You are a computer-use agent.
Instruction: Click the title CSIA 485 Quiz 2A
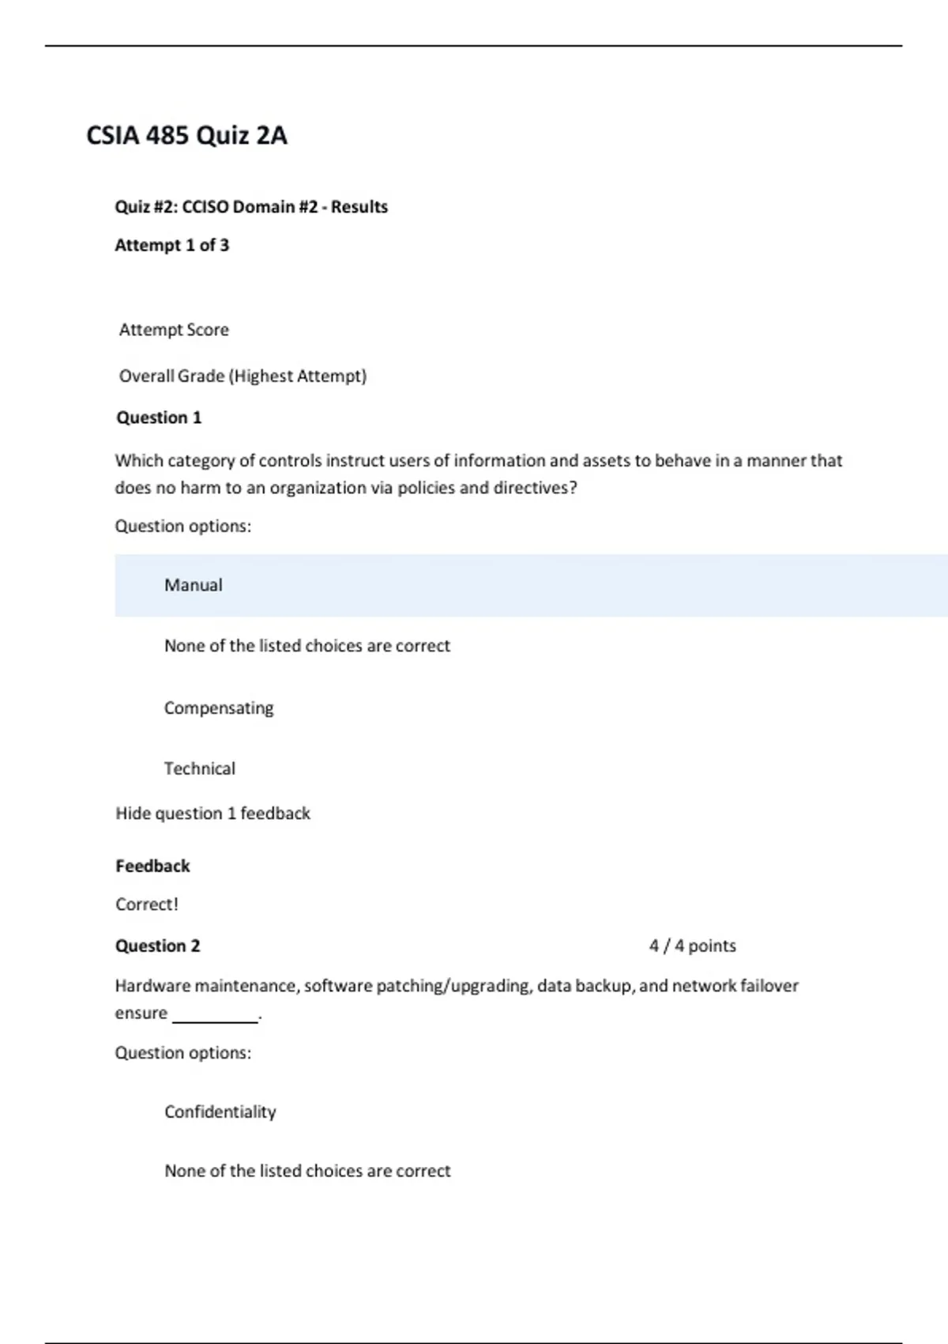[186, 135]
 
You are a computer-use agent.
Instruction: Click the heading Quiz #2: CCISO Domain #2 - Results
[251, 207]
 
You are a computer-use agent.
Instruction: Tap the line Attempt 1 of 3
[171, 245]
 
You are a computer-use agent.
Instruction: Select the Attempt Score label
[174, 330]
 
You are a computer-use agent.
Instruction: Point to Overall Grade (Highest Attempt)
[243, 376]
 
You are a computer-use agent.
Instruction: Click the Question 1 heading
[159, 417]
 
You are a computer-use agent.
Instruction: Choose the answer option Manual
[193, 585]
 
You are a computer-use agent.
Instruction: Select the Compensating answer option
[219, 708]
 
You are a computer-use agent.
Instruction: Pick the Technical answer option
[199, 768]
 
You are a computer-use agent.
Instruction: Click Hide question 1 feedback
[213, 814]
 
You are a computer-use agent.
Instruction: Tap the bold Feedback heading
[152, 866]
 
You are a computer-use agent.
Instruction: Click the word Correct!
[147, 904]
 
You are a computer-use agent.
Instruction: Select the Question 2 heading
[157, 946]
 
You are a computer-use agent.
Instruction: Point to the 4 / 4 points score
[692, 946]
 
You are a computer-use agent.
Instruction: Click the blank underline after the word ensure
[215, 1016]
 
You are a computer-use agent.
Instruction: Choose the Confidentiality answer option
[220, 1112]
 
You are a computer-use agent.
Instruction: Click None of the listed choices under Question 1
[307, 646]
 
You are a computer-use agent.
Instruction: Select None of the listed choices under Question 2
[307, 1171]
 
